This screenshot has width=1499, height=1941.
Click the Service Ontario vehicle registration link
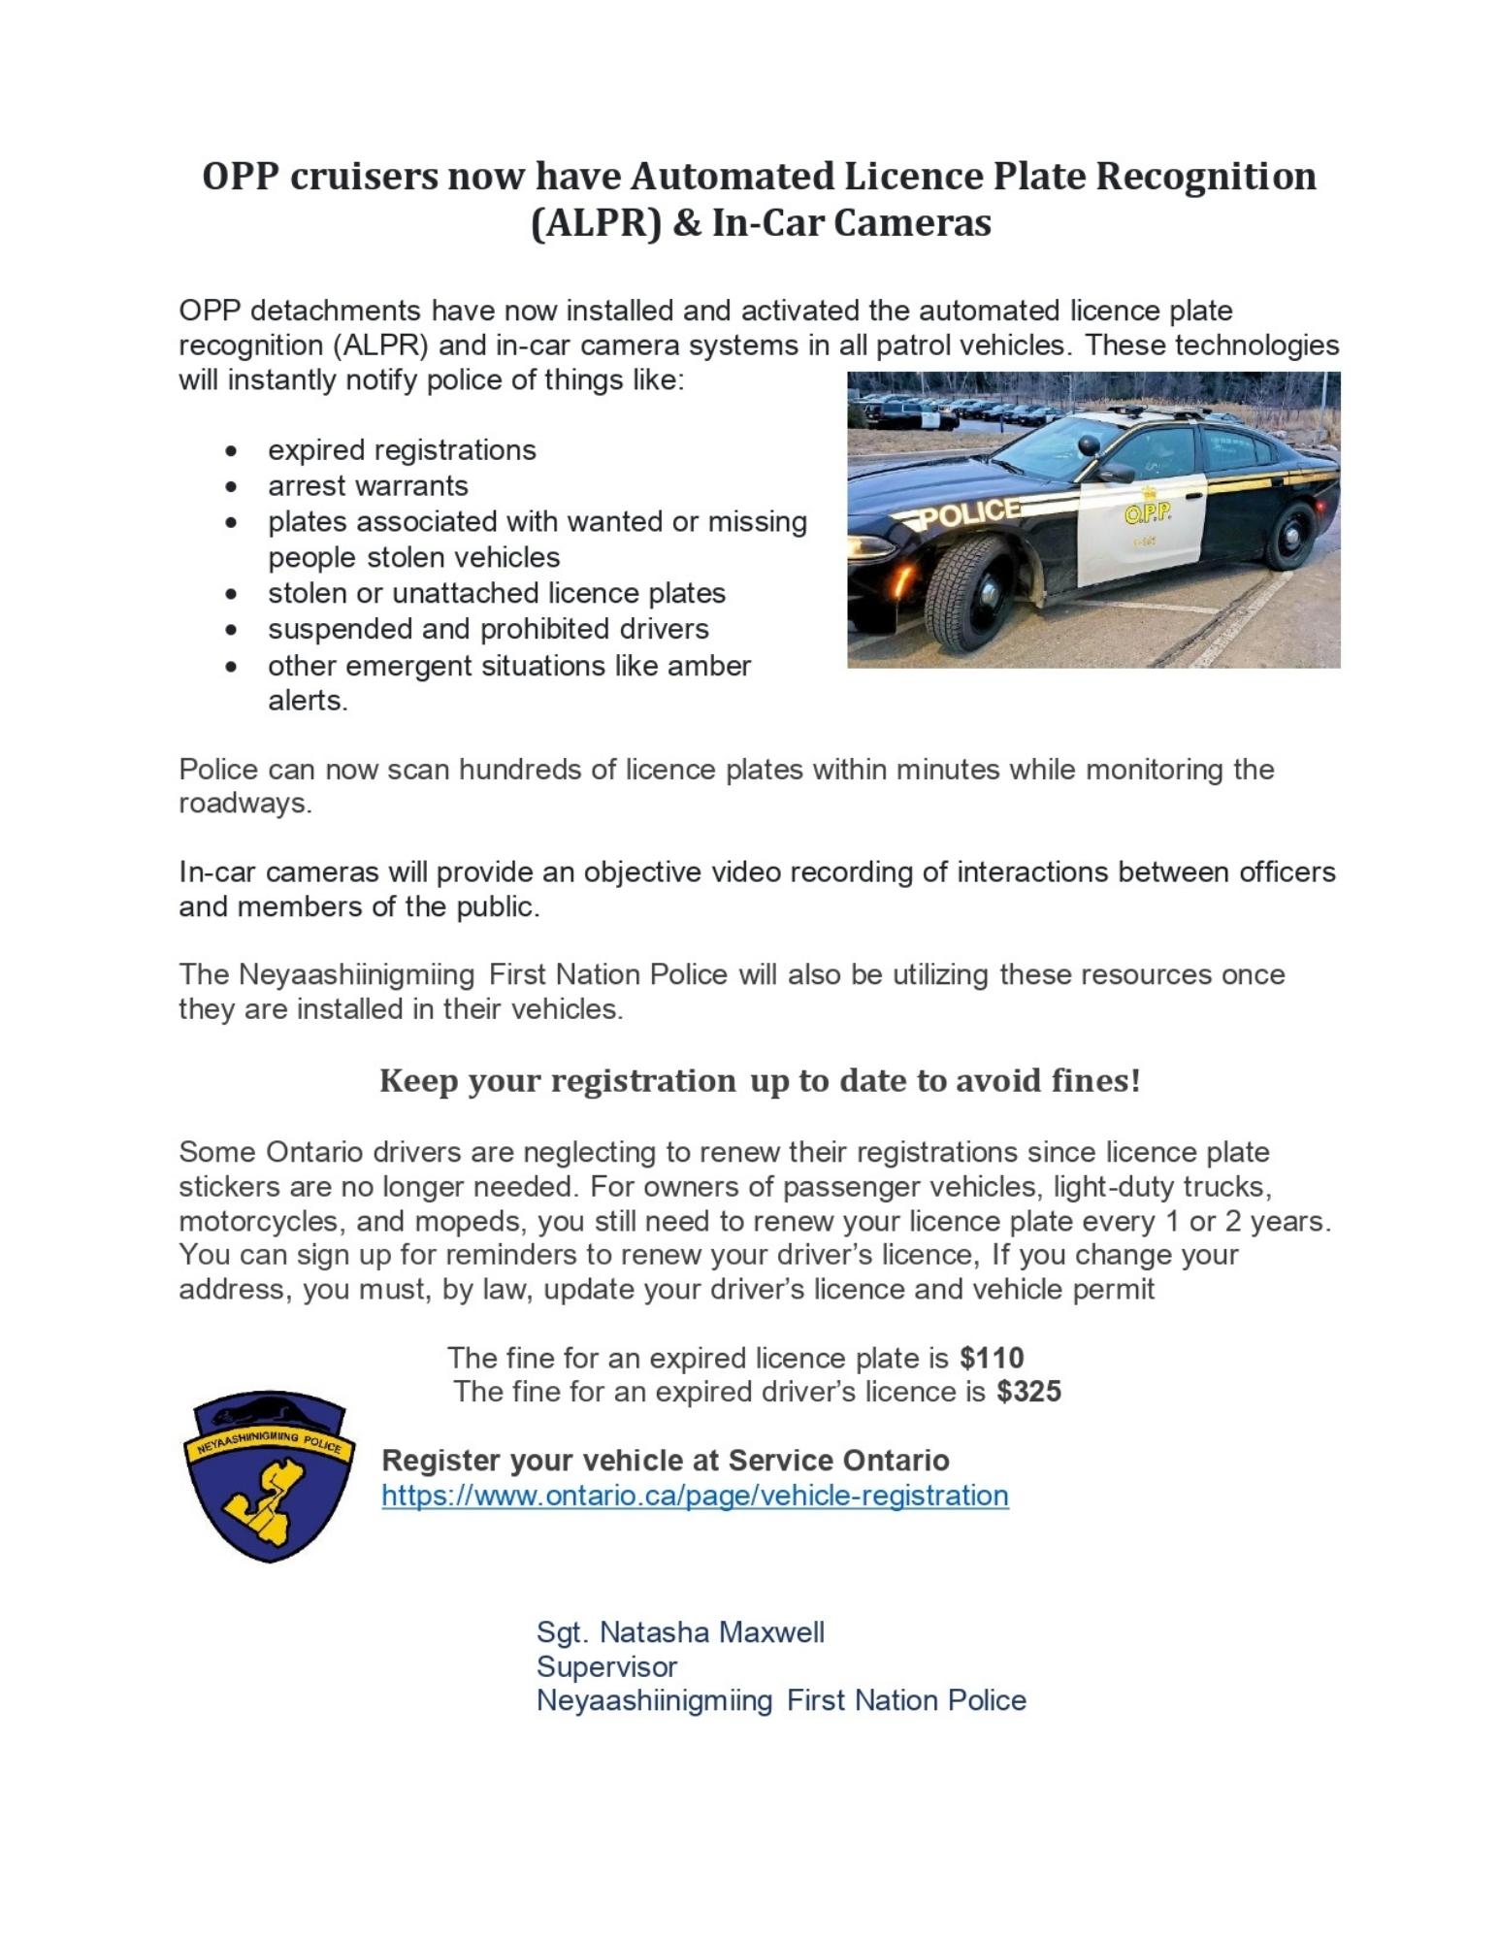(695, 1496)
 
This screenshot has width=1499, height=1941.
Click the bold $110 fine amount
(992, 1358)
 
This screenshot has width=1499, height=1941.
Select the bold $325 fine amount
(1028, 1392)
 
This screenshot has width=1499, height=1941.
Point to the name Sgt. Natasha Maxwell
(680, 1632)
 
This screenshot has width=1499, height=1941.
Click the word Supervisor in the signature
(606, 1666)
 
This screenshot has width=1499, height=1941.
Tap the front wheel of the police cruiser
(972, 592)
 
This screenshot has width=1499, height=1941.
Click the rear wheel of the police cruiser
(1291, 537)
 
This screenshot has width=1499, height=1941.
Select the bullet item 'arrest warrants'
(368, 485)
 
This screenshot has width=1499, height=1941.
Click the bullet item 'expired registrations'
(402, 450)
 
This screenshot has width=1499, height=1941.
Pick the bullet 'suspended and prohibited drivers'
(488, 629)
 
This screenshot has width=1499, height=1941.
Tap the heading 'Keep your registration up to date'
(759, 1080)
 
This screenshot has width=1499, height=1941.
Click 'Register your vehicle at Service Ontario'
(665, 1461)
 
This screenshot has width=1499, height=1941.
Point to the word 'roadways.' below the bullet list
(244, 804)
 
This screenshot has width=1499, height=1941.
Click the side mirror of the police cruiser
(1116, 473)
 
